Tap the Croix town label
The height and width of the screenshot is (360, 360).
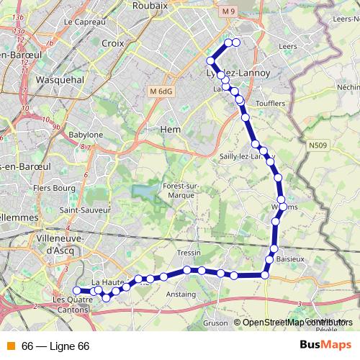tap(113, 43)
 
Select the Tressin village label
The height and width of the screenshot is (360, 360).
tap(188, 253)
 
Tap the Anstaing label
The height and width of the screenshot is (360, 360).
tap(181, 294)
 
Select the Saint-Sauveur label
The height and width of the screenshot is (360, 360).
tap(84, 211)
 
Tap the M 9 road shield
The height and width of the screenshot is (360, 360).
tap(229, 12)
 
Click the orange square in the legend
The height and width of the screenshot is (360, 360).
tap(10, 346)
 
